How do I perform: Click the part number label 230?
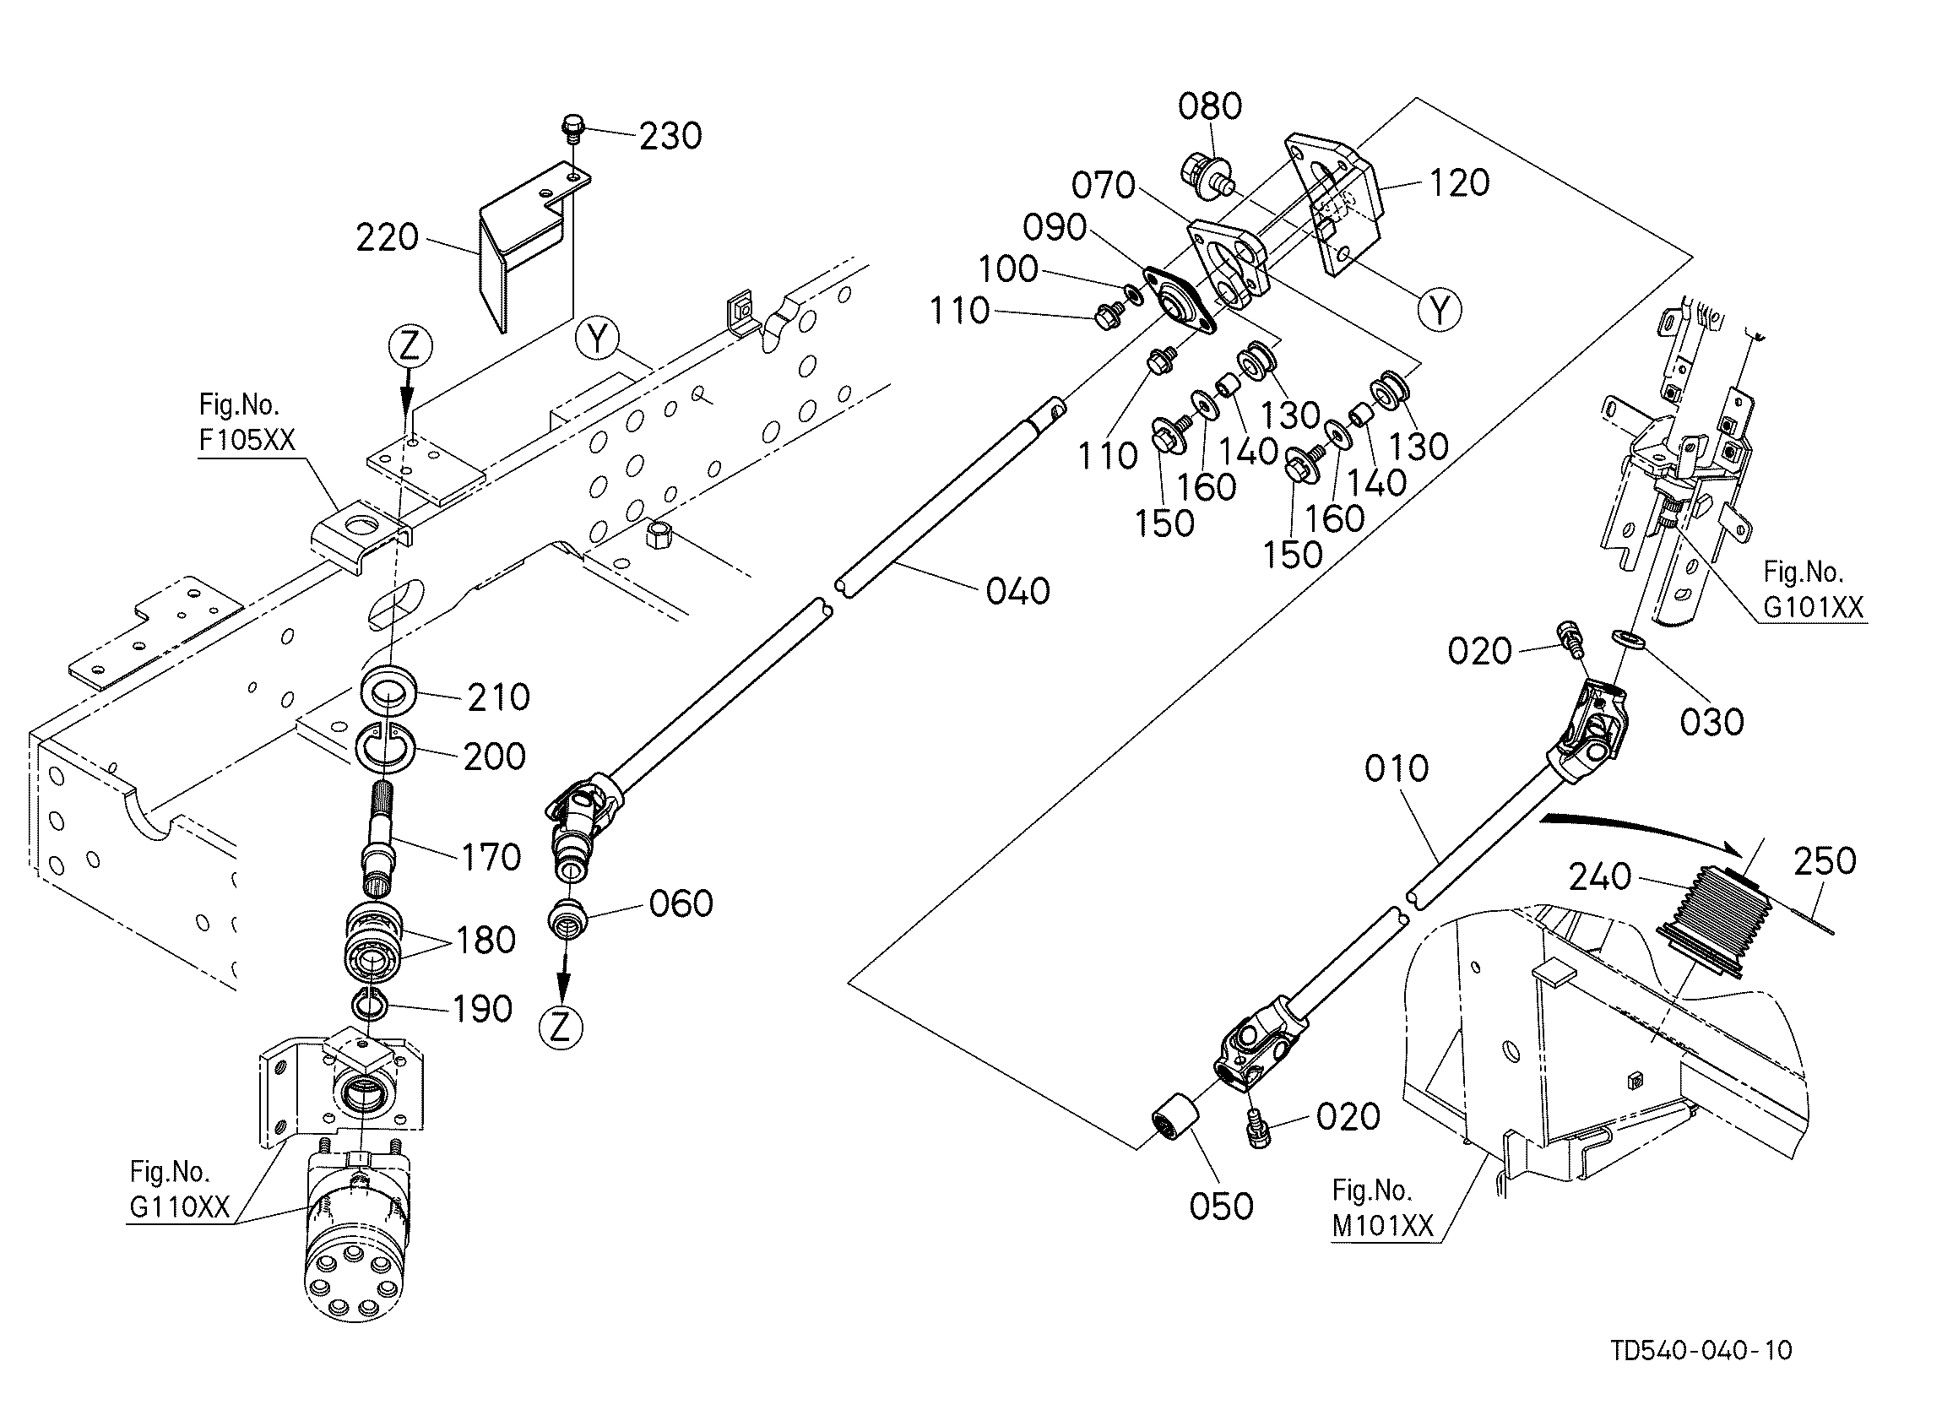pos(670,136)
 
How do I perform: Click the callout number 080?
pos(1210,106)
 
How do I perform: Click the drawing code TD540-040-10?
pos(1702,1350)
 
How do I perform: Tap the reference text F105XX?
pos(247,439)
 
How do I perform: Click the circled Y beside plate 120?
pos(1440,308)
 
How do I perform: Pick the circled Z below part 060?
pos(560,1028)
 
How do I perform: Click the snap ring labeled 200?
pos(387,743)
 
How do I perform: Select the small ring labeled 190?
pos(370,1002)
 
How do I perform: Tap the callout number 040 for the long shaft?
pos(1018,591)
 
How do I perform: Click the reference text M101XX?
pos(1383,1226)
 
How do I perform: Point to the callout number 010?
pos(1397,768)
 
